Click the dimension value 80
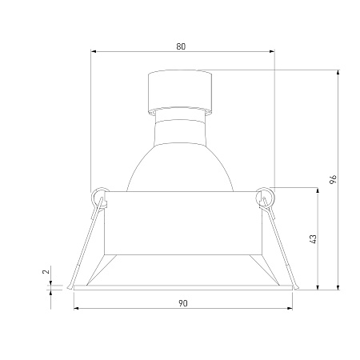(x=181, y=46)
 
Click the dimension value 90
(x=183, y=303)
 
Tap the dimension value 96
(x=333, y=179)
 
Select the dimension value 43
(x=313, y=238)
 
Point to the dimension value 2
(x=46, y=272)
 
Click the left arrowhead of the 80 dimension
(x=94, y=51)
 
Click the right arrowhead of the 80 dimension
(x=272, y=51)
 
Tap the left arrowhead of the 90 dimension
(x=76, y=308)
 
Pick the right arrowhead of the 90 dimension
(x=290, y=308)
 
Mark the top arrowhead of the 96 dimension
(x=338, y=73)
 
